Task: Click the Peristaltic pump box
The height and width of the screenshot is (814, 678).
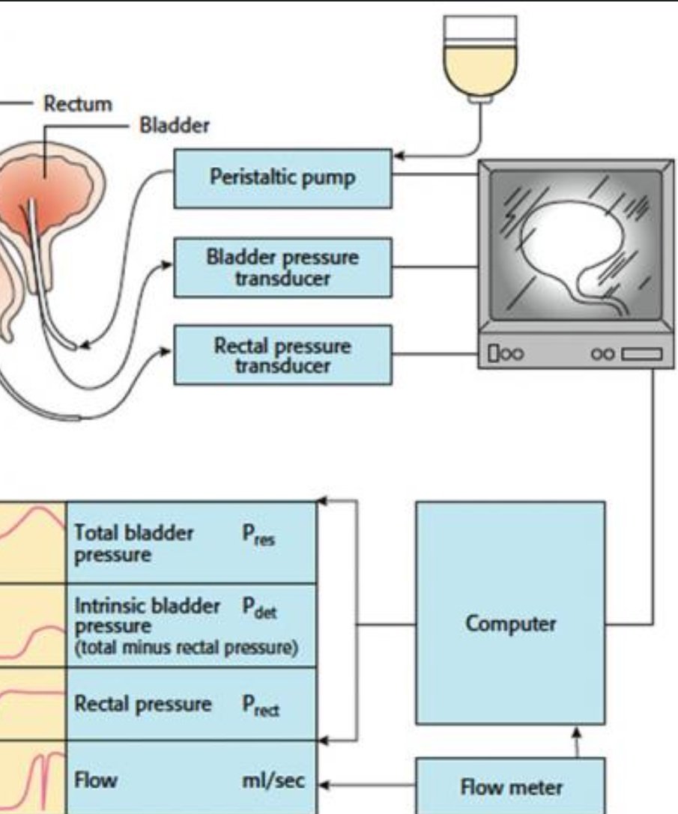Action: [282, 178]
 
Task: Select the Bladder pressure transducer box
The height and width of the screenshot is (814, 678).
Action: [282, 267]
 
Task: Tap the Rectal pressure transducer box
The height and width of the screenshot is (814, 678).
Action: [282, 355]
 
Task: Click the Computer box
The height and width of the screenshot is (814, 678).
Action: [510, 624]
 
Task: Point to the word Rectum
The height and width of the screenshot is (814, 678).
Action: [77, 103]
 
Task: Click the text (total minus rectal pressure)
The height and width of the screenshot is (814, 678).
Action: [185, 649]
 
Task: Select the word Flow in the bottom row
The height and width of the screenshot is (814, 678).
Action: [96, 780]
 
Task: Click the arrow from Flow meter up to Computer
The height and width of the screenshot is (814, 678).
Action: [576, 741]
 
